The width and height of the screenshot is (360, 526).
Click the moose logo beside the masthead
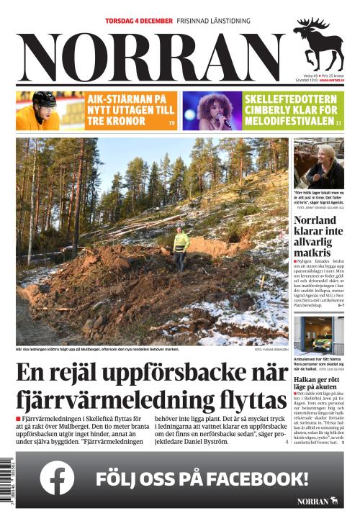coord(318,43)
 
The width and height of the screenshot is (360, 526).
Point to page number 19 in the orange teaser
coord(171,124)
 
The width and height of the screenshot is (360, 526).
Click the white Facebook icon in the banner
coord(57,478)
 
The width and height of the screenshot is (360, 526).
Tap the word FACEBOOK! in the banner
coord(258,479)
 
